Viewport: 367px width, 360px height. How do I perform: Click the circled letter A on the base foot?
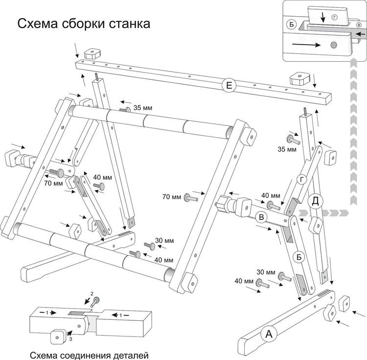tap(267, 335)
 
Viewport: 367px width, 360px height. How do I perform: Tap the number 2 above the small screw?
tap(92, 293)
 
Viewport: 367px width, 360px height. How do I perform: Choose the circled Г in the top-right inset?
tap(334, 16)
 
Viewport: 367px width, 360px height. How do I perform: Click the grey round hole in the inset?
tap(333, 45)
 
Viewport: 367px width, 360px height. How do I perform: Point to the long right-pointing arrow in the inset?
tap(309, 44)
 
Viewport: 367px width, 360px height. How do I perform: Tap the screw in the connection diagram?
tap(95, 301)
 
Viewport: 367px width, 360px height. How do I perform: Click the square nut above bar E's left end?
tap(92, 53)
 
